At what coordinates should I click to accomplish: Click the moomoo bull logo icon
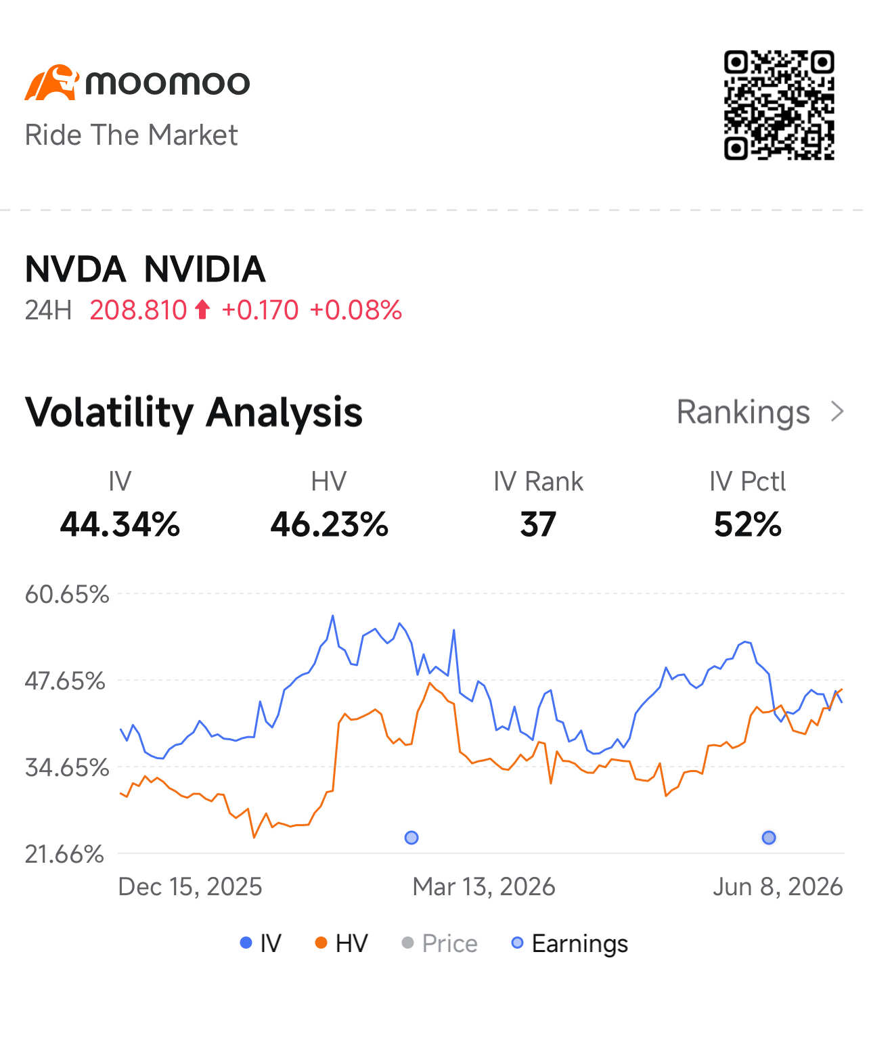pyautogui.click(x=52, y=82)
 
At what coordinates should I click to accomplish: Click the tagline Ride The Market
pyautogui.click(x=131, y=135)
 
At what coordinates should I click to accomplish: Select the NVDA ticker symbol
pyautogui.click(x=75, y=269)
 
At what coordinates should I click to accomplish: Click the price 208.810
pyautogui.click(x=138, y=310)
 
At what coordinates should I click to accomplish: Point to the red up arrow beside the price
pyautogui.click(x=202, y=309)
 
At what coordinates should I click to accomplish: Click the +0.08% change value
pyautogui.click(x=356, y=310)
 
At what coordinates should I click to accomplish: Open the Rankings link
pyautogui.click(x=760, y=413)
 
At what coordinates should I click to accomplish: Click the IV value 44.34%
pyautogui.click(x=120, y=524)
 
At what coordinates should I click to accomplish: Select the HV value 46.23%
pyautogui.click(x=329, y=524)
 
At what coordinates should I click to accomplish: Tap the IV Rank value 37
pyautogui.click(x=538, y=524)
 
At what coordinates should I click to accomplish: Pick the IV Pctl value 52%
pyautogui.click(x=747, y=524)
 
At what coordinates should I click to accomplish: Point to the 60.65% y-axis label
pyautogui.click(x=67, y=594)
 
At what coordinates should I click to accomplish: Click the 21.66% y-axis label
pyautogui.click(x=64, y=854)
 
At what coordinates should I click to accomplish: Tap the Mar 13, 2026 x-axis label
pyautogui.click(x=483, y=886)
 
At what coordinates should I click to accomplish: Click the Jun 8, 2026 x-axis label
pyautogui.click(x=778, y=886)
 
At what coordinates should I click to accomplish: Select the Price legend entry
pyautogui.click(x=439, y=943)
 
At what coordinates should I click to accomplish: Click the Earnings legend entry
pyautogui.click(x=570, y=943)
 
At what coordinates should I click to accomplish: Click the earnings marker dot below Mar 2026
pyautogui.click(x=411, y=838)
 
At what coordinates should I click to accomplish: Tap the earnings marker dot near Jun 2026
pyautogui.click(x=769, y=838)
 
